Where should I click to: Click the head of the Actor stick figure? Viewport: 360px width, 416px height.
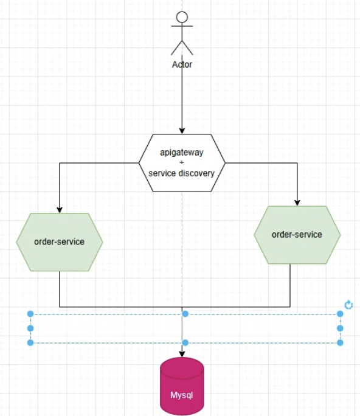182,17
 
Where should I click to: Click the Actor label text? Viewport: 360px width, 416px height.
182,64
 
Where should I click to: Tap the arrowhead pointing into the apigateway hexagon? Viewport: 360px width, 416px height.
182,131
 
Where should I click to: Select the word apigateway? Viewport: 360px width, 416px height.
182,153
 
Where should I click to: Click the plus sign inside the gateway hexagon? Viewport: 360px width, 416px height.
182,162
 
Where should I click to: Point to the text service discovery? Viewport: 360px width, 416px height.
181,173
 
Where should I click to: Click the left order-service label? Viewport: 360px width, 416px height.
60,241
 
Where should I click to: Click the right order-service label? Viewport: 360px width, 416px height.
297,235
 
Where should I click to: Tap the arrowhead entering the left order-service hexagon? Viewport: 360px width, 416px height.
60,210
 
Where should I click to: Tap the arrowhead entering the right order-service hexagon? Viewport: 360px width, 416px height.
297,203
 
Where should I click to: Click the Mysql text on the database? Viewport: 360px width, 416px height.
182,395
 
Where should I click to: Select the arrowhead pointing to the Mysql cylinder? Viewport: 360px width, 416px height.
182,354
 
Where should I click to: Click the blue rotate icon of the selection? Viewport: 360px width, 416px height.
348,305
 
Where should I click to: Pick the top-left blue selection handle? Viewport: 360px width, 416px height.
30,314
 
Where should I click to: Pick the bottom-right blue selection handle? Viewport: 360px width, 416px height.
340,343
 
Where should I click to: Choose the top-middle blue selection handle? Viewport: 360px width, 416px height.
185,314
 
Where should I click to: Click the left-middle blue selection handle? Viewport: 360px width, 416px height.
30,328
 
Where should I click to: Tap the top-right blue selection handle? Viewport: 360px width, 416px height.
340,314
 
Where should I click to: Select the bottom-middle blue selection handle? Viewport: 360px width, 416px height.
185,343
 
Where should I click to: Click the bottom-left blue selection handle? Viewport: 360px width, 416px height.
30,343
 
